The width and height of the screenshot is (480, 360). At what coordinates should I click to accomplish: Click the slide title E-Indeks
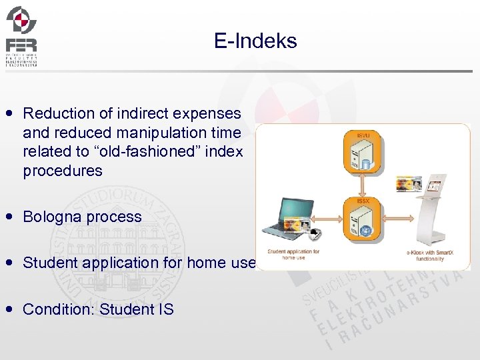pyautogui.click(x=255, y=41)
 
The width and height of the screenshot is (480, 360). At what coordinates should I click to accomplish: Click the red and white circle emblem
pyautogui.click(x=21, y=19)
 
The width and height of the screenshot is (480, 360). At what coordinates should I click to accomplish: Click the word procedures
pyautogui.click(x=63, y=171)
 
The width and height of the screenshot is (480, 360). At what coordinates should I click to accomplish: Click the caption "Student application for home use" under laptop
pyautogui.click(x=293, y=254)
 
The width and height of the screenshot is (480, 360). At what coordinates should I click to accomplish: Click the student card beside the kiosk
pyautogui.click(x=409, y=183)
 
